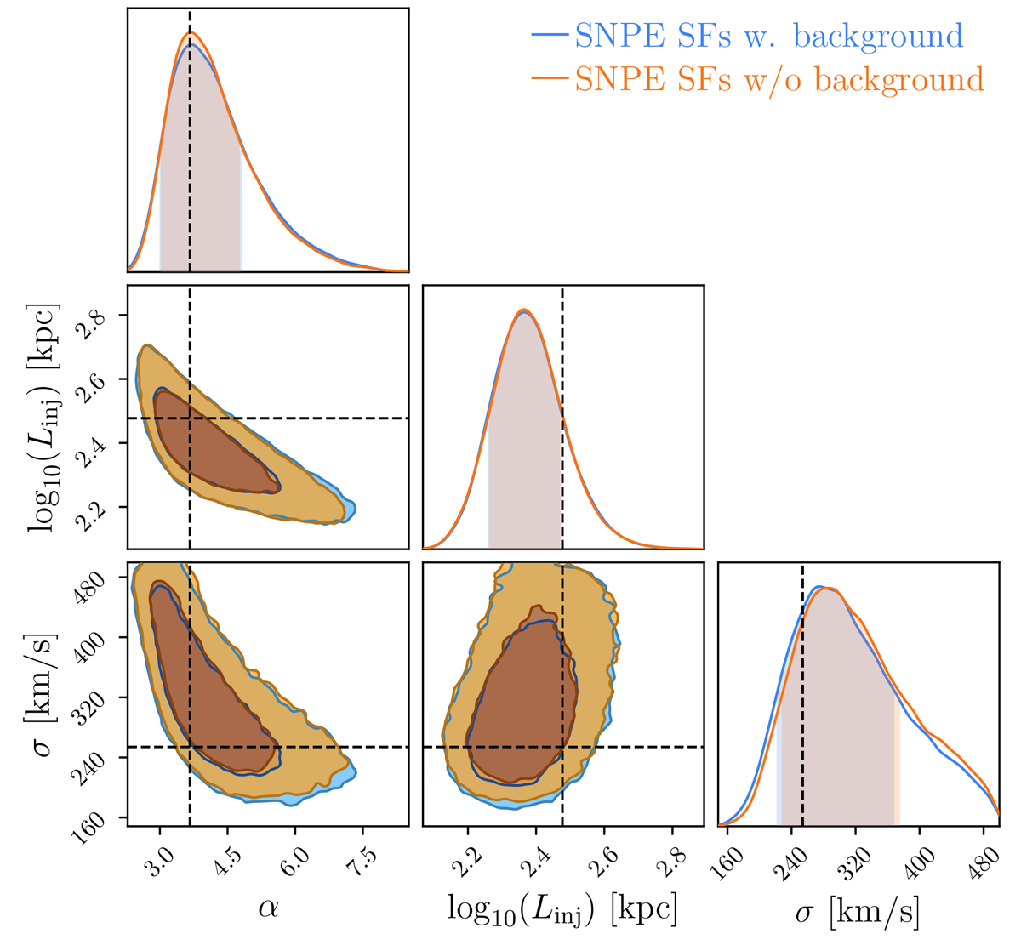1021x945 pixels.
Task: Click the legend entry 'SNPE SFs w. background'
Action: point(747,36)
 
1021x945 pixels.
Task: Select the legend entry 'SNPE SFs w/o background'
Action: point(757,79)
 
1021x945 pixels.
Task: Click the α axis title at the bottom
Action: point(268,910)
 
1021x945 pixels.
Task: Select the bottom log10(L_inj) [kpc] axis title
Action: point(562,910)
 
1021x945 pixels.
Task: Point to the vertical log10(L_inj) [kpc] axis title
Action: point(43,418)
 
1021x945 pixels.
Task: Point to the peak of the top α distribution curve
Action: point(191,32)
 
